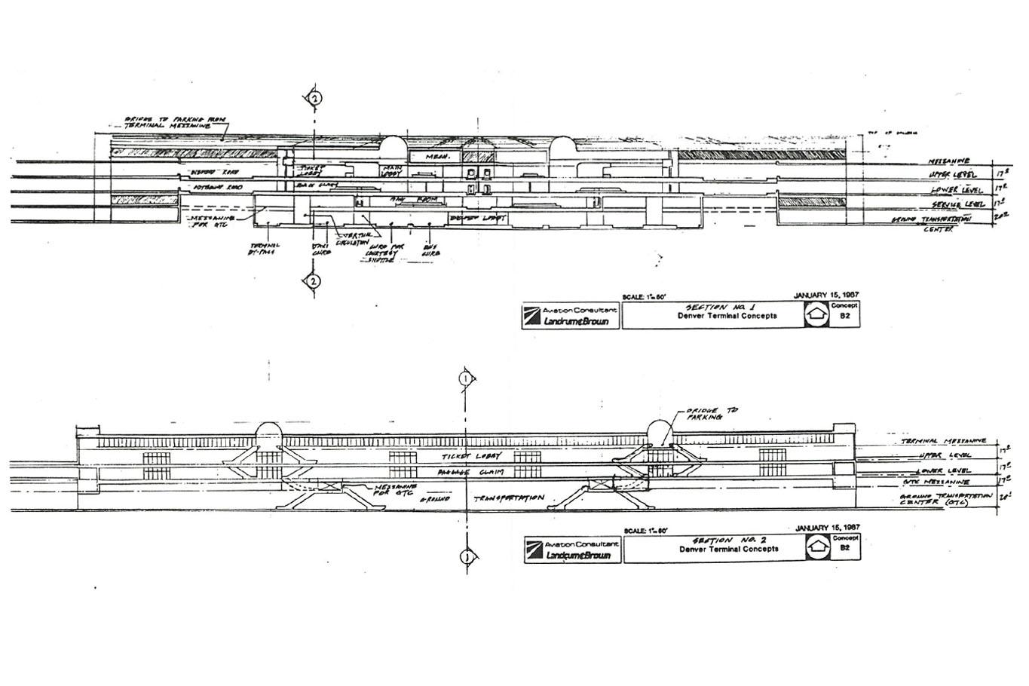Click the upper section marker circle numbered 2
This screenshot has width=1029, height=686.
[x=315, y=98]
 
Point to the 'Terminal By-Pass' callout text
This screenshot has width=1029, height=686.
[x=264, y=249]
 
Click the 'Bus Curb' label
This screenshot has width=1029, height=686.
[x=430, y=250]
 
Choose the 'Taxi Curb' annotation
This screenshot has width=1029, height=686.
[x=320, y=249]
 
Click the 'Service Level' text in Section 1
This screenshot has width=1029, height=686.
[x=957, y=204]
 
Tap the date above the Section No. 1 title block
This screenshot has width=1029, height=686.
[x=827, y=296]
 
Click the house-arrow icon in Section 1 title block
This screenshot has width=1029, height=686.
[x=814, y=314]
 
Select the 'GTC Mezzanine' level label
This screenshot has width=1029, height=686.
[x=936, y=482]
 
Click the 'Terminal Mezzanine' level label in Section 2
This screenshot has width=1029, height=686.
[x=943, y=441]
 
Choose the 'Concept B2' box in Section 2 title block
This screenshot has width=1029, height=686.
[x=845, y=544]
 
